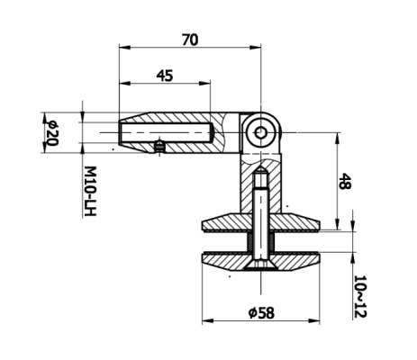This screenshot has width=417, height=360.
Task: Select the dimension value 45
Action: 164,76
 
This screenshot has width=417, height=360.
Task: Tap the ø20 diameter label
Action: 51,131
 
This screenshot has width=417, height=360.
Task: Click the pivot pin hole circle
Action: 260,132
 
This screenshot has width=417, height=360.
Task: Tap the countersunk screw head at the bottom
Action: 259,263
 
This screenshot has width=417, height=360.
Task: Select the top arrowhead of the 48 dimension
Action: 338,136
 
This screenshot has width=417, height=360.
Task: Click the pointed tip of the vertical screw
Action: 259,170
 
